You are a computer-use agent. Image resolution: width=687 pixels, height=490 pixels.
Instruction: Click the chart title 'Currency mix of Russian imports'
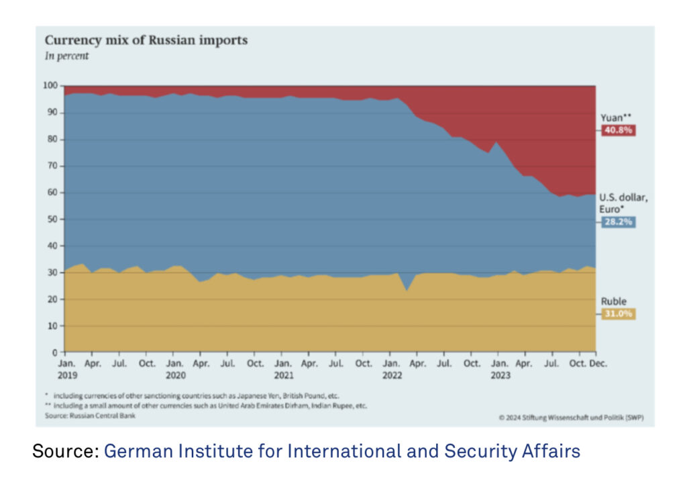tap(146, 40)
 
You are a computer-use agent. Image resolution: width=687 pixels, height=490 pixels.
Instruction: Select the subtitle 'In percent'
tap(66, 56)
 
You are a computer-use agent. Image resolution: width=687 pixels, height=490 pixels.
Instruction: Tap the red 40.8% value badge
tap(617, 130)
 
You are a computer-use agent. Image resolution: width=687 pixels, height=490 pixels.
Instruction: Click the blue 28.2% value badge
tap(617, 222)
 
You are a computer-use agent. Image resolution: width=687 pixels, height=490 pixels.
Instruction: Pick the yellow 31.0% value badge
tap(617, 314)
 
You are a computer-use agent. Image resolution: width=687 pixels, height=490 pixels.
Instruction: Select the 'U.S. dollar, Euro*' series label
tap(623, 203)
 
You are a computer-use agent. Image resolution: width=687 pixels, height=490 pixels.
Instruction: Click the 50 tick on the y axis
tap(53, 219)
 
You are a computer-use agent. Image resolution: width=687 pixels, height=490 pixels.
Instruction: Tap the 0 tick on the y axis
tap(56, 352)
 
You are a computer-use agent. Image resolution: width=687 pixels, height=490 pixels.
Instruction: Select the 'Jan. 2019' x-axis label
tap(66, 369)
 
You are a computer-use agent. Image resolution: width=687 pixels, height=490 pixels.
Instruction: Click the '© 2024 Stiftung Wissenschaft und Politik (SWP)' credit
tap(572, 418)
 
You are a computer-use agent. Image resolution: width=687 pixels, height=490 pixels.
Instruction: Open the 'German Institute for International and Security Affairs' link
tap(341, 452)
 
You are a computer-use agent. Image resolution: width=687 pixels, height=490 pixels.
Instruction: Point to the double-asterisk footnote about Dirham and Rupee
tap(205, 406)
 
